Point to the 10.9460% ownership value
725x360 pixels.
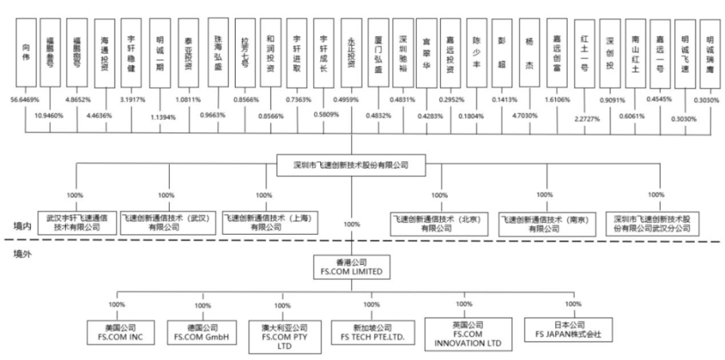[x=49, y=115]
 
